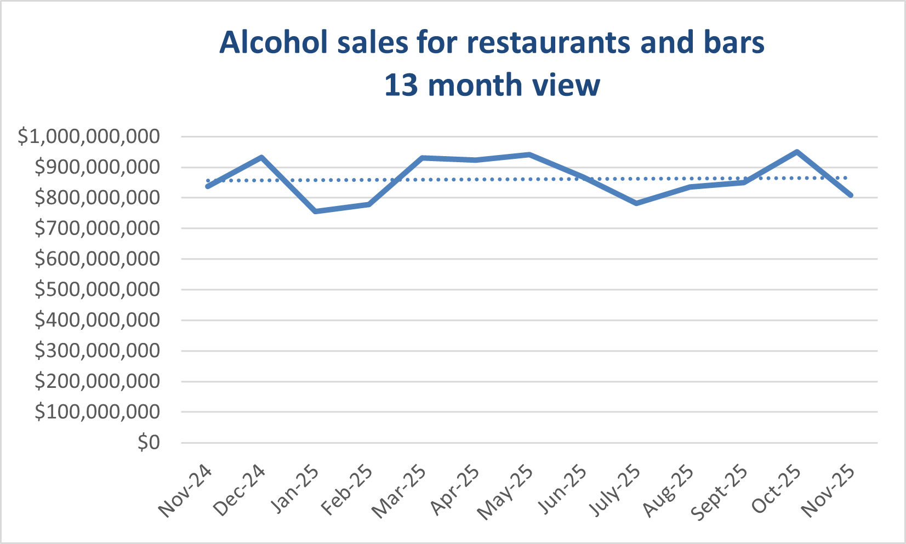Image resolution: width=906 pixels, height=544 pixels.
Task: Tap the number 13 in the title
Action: pos(401,85)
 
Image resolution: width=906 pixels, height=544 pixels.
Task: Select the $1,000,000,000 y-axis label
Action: pos(89,136)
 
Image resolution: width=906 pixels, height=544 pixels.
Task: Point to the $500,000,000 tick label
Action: pos(97,289)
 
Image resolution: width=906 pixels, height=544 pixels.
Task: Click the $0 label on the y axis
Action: pos(148,442)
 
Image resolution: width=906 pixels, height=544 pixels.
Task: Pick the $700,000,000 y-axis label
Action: pos(97,228)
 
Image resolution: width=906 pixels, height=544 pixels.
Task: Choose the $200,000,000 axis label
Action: pos(97,381)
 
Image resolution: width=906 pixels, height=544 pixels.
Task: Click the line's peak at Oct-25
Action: pos(797,152)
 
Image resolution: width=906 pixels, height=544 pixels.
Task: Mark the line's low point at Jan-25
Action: pos(315,211)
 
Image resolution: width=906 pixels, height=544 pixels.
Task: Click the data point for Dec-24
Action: pos(262,157)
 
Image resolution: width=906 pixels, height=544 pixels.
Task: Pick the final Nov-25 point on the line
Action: pos(851,195)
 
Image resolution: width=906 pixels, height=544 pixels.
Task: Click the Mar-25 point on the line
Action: pos(422,158)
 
